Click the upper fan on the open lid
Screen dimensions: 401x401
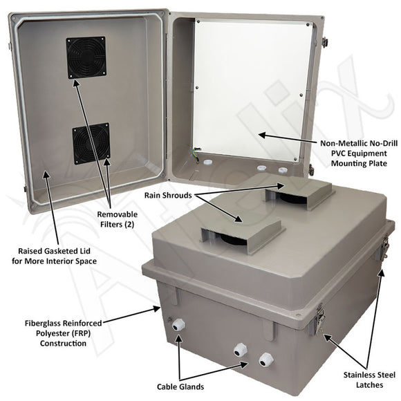85,57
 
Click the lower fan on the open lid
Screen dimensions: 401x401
91,144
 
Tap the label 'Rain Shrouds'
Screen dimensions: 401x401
168,196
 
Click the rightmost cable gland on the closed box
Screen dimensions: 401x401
263,360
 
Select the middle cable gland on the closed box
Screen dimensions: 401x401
241,350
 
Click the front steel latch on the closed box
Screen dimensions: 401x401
320,319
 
